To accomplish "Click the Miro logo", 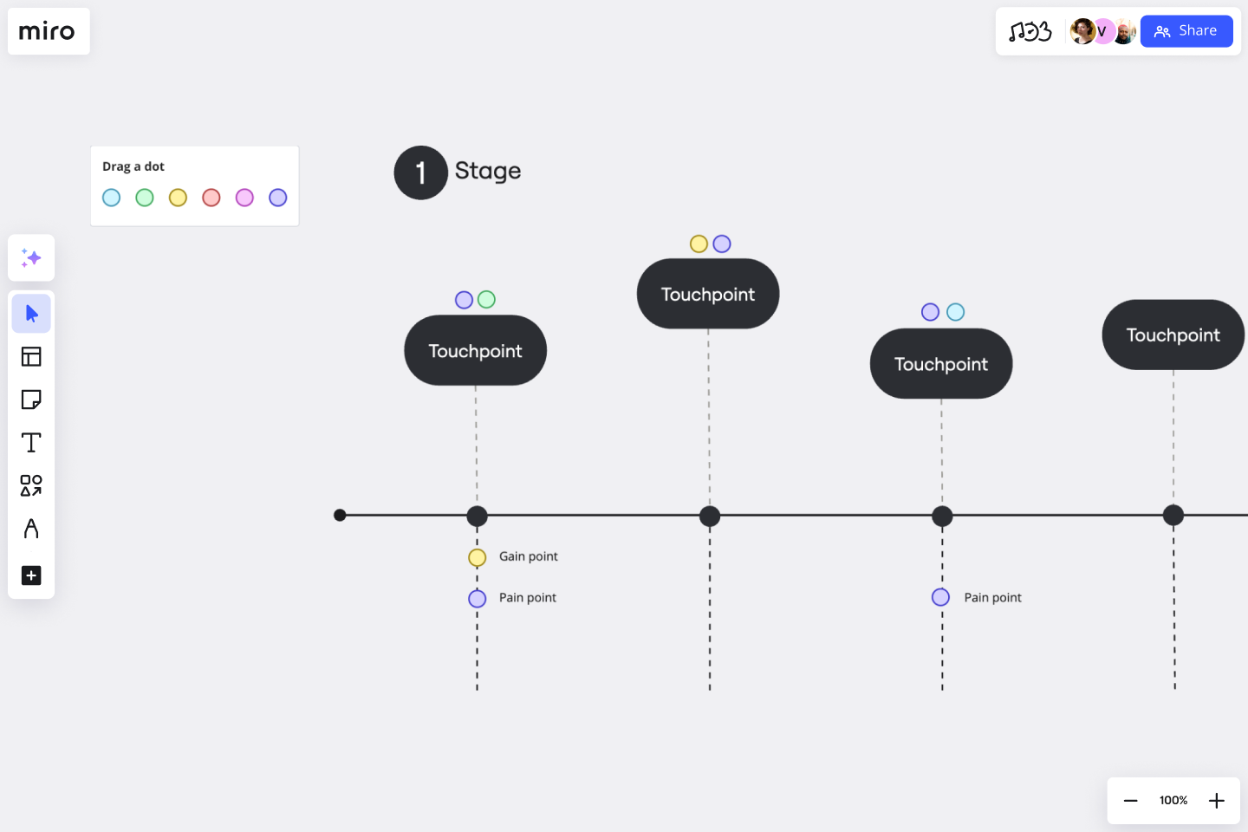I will pos(48,32).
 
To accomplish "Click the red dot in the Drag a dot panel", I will pos(211,198).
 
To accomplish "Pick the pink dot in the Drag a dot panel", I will pos(244,198).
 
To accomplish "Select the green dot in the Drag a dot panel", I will pos(145,198).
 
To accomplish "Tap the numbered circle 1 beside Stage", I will pos(420,172).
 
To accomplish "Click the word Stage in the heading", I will pos(487,171).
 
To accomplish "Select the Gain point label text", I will pos(528,556).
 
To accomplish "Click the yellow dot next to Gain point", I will pos(477,557).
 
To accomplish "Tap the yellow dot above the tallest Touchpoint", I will pos(699,244).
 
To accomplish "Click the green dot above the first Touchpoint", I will pos(486,299).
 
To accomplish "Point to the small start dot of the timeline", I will pos(340,515).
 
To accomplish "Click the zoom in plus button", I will pos(1216,800).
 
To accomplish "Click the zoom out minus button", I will pos(1130,800).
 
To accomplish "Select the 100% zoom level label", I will pos(1173,800).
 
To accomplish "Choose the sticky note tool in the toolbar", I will pos(31,400).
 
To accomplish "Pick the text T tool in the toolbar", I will pos(31,443).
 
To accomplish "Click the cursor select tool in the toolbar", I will pos(31,313).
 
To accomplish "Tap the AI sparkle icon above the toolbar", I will pos(31,257).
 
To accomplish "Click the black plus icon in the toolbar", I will pos(31,575).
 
